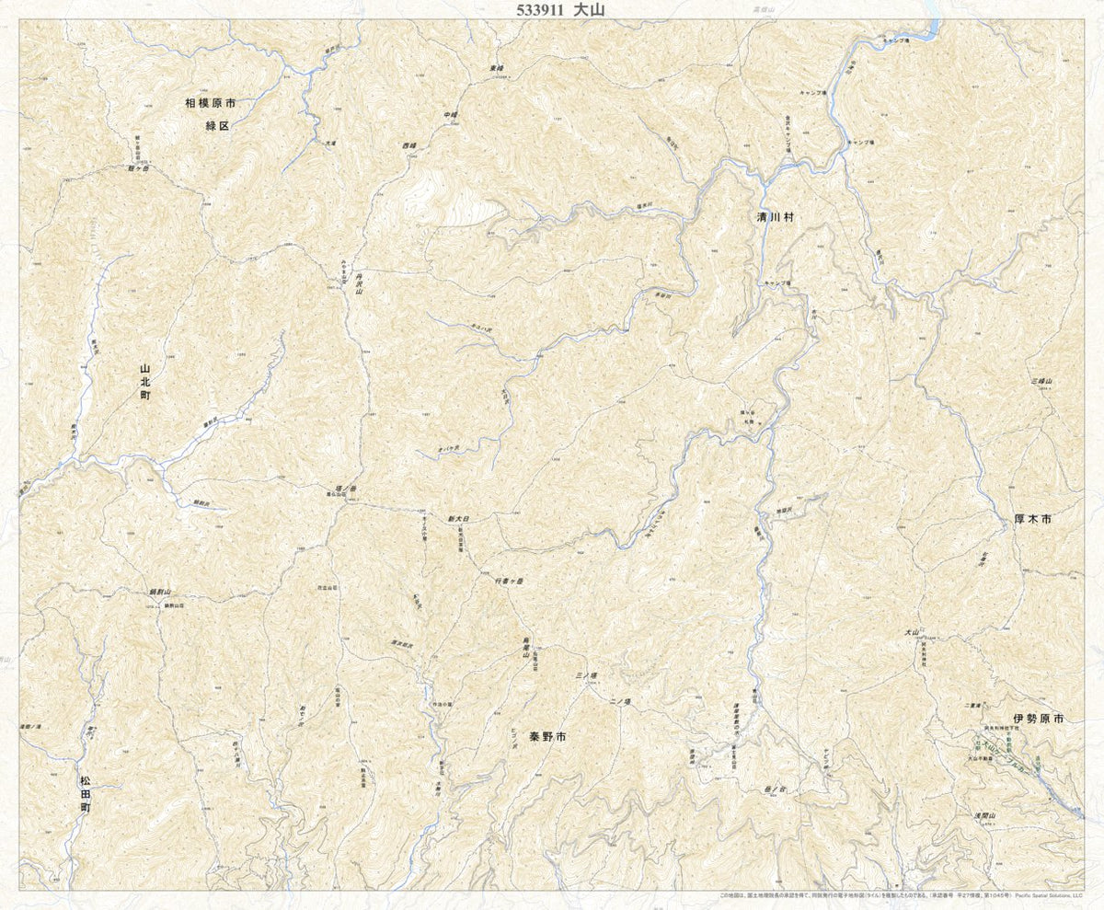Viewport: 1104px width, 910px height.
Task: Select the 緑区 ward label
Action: coord(217,125)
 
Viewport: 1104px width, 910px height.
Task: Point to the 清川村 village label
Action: coord(770,218)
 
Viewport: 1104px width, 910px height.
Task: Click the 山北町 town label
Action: coord(144,382)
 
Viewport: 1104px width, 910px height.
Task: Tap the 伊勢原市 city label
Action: coord(1038,719)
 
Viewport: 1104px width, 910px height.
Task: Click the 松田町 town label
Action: coord(85,794)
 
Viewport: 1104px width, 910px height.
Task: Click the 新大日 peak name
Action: coord(458,520)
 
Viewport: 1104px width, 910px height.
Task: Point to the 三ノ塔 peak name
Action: coord(586,676)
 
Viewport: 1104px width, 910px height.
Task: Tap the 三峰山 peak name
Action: coord(1041,381)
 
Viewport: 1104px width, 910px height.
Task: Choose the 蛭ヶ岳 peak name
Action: coord(138,169)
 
